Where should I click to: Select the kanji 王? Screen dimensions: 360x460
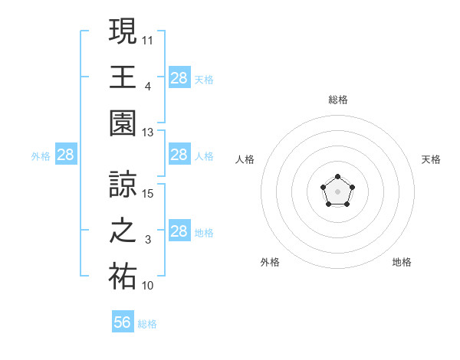pos(123,77)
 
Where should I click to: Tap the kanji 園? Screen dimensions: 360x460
pos(123,123)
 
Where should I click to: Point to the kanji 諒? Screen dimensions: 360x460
pos(123,184)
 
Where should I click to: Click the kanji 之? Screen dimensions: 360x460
pos(123,231)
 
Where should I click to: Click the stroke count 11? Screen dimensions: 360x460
pos(148,39)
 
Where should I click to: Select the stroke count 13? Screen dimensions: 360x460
pos(148,132)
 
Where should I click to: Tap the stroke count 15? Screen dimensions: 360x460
pos(148,193)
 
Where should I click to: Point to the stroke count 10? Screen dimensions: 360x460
pos(148,286)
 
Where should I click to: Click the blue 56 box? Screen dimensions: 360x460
pos(123,322)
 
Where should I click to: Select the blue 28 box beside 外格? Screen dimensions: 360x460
pos(66,155)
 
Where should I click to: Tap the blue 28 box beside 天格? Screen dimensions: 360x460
pos(179,78)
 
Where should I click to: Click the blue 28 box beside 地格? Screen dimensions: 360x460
pos(179,231)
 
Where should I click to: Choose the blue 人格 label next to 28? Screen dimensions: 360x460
pos(204,155)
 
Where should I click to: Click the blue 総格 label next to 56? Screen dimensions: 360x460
pos(147,324)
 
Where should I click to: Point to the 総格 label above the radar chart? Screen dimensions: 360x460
pos(337,100)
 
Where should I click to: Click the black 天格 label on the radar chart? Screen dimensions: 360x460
pos(431,159)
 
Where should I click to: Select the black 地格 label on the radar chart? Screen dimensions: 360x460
pos(402,262)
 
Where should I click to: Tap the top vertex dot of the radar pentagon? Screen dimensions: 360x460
pos(337,178)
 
